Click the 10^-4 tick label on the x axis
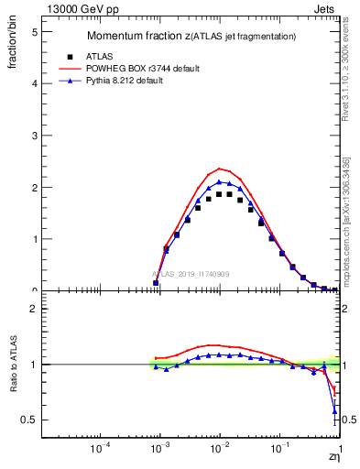click(100, 448)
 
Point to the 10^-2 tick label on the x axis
click(219, 448)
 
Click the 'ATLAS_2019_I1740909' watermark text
click(191, 274)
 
